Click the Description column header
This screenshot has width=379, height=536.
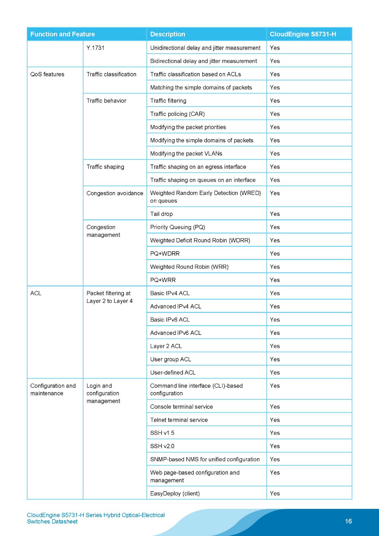[x=168, y=34]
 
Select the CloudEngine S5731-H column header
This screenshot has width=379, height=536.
[x=303, y=34]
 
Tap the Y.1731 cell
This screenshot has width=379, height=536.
[x=96, y=48]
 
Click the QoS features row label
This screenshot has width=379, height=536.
[x=47, y=74]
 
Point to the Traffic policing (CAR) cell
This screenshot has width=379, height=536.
[x=177, y=114]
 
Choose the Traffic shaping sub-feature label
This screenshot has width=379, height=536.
[x=105, y=167]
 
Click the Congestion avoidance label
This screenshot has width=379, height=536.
[x=115, y=193]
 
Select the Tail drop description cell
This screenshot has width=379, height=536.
[x=162, y=214]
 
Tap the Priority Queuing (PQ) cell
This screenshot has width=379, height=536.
[x=178, y=227]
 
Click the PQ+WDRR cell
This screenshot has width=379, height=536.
[x=165, y=254]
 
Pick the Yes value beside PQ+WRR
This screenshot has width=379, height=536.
[x=275, y=280]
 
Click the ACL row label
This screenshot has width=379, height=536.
[x=36, y=293]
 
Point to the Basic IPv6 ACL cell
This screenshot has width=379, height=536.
[x=170, y=320]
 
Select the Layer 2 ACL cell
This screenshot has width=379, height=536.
[x=166, y=346]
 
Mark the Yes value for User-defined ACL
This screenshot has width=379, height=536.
[x=275, y=373]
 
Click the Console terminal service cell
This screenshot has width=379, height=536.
[x=181, y=407]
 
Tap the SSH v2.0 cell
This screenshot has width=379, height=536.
[x=162, y=446]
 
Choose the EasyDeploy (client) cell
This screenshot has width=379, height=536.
[x=175, y=493]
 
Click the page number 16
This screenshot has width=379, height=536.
[x=349, y=521]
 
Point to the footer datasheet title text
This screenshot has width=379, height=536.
[x=96, y=518]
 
